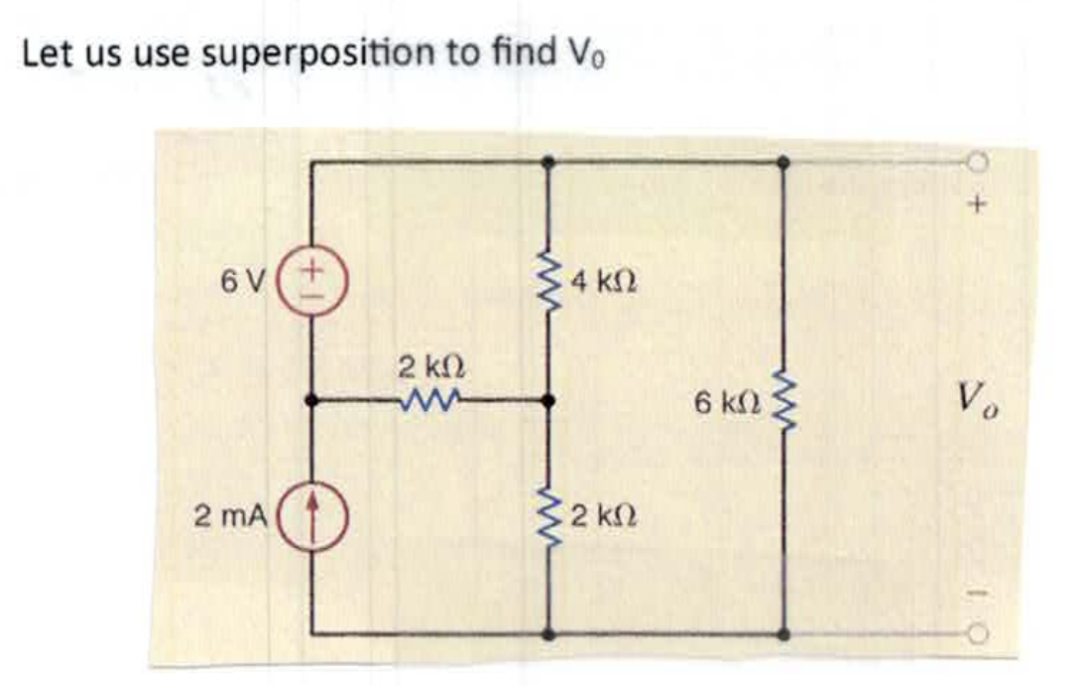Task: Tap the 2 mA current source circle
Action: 312,514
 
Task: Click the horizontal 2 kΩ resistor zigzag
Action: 429,401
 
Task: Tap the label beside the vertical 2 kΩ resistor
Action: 602,516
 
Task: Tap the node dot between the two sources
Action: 312,401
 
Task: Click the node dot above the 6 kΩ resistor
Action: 784,161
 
